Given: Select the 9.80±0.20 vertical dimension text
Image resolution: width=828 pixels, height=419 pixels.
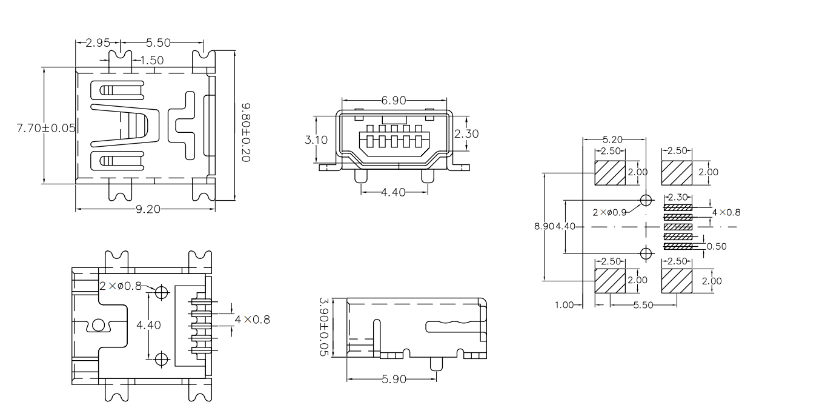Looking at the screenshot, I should [x=246, y=132].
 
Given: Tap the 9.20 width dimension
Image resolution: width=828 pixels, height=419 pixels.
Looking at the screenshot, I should [x=148, y=209].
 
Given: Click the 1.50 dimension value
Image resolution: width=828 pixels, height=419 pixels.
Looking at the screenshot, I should [x=151, y=60].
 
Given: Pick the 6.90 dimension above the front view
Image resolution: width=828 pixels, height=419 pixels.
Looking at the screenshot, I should [x=394, y=100].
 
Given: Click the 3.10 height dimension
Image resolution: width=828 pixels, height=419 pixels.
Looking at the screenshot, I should [x=316, y=139].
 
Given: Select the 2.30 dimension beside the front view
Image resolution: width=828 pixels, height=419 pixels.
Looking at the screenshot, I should [x=466, y=134].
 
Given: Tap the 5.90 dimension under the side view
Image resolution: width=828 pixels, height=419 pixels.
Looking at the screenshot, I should [x=395, y=380].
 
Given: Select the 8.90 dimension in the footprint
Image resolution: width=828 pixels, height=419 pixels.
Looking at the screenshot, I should [x=543, y=226].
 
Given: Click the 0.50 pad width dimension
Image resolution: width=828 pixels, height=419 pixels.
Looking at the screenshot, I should [x=717, y=246].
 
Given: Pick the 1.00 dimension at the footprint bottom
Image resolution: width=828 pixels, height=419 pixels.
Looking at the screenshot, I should [x=565, y=305].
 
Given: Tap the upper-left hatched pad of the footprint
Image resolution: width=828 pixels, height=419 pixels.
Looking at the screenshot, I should [x=610, y=173].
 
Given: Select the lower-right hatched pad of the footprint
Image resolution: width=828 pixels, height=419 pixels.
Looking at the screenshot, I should [x=677, y=281].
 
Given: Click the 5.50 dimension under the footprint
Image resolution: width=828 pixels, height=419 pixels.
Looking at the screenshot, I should [x=643, y=305].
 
